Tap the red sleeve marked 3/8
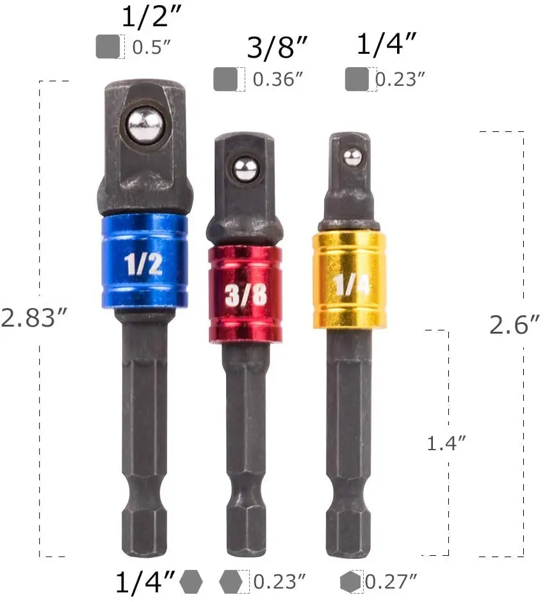tap(245, 295)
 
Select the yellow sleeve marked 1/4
tap(349, 280)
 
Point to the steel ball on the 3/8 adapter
tap(246, 169)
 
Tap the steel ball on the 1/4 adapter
tap(352, 158)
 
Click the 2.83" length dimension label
tap(34, 318)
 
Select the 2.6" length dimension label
tap(514, 325)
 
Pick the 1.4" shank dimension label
tap(446, 443)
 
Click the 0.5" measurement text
tap(151, 47)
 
